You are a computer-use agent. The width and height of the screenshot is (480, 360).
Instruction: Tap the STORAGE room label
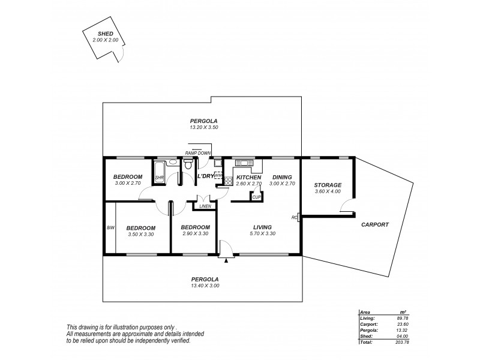tap(328, 185)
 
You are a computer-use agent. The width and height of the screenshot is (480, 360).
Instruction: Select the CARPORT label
tap(375, 224)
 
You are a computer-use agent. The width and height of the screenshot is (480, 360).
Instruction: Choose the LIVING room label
tap(262, 227)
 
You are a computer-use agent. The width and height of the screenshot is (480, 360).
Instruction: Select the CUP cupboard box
tap(256, 196)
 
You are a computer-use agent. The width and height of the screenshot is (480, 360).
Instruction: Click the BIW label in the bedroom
tap(110, 227)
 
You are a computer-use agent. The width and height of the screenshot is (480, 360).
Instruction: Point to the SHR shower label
tap(160, 178)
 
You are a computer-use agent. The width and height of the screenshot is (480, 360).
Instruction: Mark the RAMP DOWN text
tap(197, 153)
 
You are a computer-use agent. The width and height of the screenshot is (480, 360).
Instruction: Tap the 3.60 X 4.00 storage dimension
tap(328, 191)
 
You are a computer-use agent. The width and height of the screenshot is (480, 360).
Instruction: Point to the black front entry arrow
tap(226, 260)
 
